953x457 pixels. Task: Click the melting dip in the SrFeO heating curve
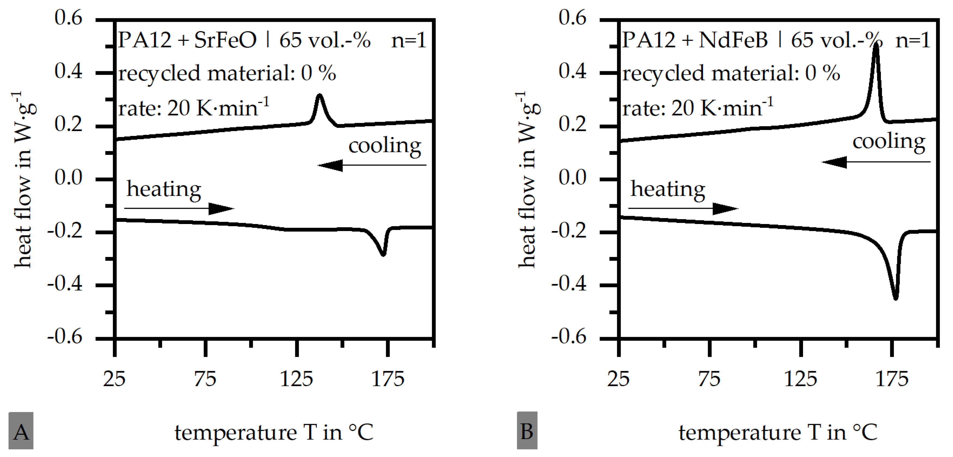383,253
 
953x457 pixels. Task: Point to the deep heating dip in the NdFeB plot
895,297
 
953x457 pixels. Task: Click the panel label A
21,431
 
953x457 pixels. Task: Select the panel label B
527,431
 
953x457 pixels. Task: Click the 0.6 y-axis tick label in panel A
69,18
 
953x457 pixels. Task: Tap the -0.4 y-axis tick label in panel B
569,284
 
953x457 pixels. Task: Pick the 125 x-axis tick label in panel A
296,379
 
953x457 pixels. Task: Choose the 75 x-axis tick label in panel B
709,379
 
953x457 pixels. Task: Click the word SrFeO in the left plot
225,40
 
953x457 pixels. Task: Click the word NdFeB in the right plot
733,40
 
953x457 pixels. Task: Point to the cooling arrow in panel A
371,165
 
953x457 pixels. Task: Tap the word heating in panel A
164,189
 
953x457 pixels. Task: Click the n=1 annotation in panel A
409,40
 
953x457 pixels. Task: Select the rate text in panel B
698,108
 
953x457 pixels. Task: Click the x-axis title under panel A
274,432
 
